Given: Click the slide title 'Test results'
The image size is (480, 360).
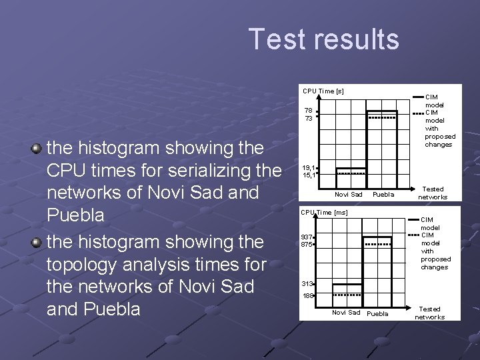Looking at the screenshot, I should (x=323, y=39).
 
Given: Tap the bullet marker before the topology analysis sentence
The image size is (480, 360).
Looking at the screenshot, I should (x=37, y=241).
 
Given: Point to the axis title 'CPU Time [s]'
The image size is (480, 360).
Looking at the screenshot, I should (x=323, y=91).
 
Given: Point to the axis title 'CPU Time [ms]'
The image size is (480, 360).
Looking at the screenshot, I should (x=324, y=213).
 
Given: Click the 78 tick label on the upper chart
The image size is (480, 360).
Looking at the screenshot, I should (x=308, y=111).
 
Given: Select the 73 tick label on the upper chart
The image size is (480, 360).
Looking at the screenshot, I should (x=308, y=119).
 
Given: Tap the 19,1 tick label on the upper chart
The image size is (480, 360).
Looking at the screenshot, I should (x=308, y=168).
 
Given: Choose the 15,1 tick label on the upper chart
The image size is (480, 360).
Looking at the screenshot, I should (x=308, y=175).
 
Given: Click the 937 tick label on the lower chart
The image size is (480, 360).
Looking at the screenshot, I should (x=307, y=237).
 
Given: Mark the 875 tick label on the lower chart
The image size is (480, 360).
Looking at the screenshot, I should (x=307, y=245).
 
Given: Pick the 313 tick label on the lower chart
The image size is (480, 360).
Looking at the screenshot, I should (x=307, y=284).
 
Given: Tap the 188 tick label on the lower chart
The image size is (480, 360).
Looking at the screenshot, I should (x=307, y=295).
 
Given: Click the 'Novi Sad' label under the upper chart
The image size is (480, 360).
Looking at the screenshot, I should (x=349, y=195).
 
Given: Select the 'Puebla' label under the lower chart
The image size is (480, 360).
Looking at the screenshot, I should (x=378, y=313).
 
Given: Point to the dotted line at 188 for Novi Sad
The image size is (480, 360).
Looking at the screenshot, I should (x=347, y=294).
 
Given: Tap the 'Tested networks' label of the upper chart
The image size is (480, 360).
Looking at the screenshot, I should (x=433, y=193).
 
